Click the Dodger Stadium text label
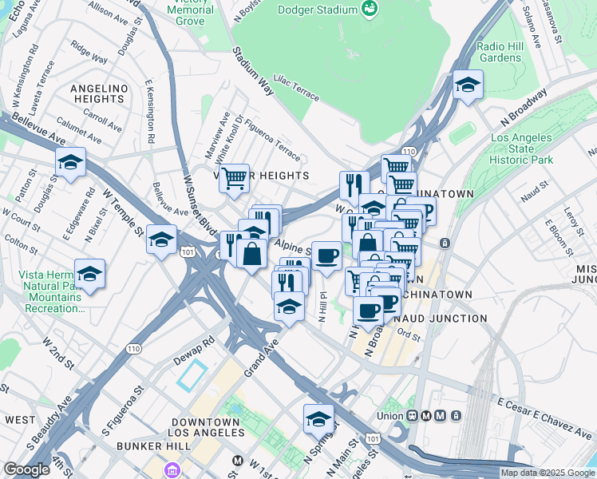point(316,10)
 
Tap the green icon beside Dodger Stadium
point(370,9)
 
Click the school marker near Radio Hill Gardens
point(467,85)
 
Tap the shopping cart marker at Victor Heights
point(234,178)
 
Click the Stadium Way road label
point(253,71)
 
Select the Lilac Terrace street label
point(296,87)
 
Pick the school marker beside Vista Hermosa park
point(90,274)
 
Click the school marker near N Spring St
point(318,418)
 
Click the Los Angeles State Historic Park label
point(521,149)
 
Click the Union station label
point(390,415)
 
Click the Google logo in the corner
point(27,469)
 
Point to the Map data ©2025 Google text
point(548,473)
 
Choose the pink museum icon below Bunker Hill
point(172,470)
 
